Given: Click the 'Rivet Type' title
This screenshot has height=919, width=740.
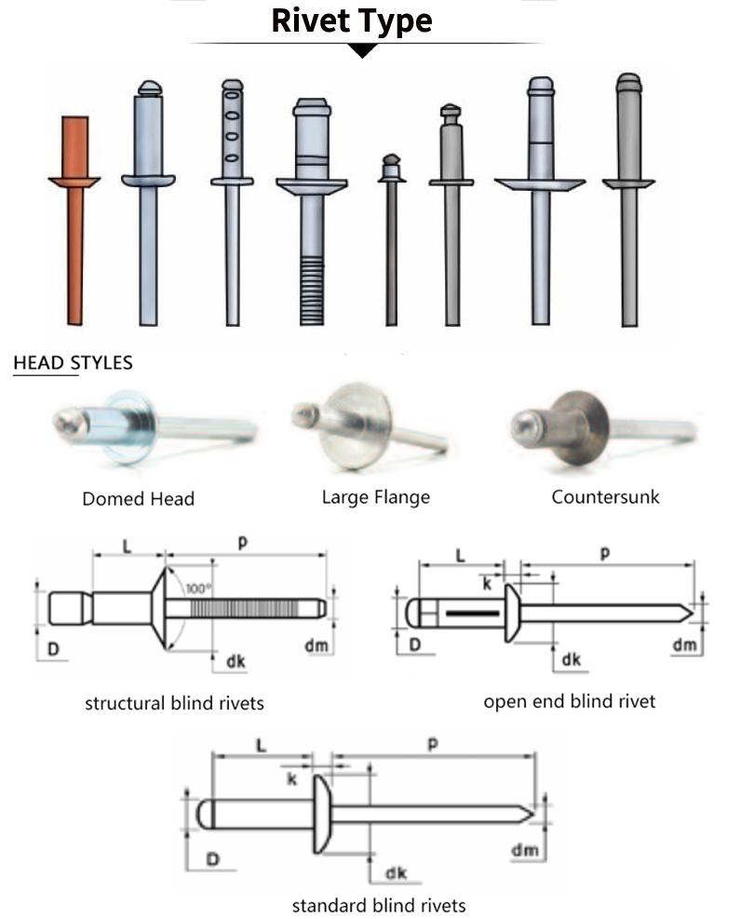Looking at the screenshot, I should (x=352, y=20).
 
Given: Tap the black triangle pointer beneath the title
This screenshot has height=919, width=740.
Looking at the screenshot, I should (x=362, y=50).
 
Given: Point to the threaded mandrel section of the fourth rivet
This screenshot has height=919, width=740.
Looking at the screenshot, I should (x=312, y=289).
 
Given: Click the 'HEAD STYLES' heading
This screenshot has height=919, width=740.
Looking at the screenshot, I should (x=73, y=362).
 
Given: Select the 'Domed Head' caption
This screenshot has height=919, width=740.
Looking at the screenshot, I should (x=138, y=498).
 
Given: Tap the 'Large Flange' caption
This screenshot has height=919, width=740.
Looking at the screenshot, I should (x=376, y=496).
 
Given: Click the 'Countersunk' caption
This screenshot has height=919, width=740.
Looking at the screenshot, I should (x=605, y=496).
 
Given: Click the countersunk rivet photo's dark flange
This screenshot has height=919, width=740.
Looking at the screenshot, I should (x=575, y=426).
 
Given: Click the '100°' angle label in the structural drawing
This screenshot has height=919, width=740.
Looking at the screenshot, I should (x=198, y=588).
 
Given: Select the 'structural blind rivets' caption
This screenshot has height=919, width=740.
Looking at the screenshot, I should (x=174, y=703).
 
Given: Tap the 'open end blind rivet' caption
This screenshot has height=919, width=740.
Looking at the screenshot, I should (x=569, y=701).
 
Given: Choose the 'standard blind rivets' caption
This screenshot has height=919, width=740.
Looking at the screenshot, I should (x=379, y=904).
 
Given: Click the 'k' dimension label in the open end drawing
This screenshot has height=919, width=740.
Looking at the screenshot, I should (x=487, y=584).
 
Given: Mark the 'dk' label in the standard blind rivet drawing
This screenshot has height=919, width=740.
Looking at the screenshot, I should (x=396, y=872).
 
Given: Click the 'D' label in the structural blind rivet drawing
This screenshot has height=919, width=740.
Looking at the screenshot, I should (x=54, y=645).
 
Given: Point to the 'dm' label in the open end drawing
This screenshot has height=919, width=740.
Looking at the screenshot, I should (x=684, y=644).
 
